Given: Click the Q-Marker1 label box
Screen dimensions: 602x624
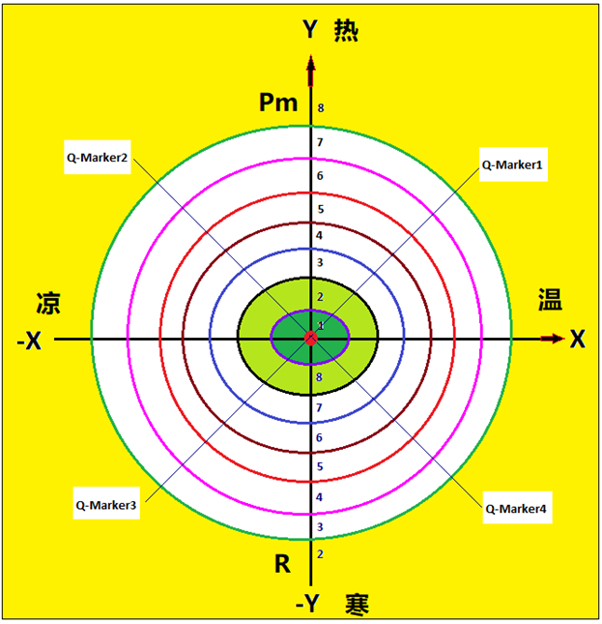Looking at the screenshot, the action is [x=513, y=164].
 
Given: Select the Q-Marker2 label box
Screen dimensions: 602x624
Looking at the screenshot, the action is [x=98, y=157].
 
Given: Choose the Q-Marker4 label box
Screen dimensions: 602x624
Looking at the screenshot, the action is [x=517, y=507].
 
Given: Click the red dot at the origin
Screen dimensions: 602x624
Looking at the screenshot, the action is [x=311, y=339].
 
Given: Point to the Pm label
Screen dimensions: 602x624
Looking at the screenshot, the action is [x=278, y=103].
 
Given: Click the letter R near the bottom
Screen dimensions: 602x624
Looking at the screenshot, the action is [x=282, y=564].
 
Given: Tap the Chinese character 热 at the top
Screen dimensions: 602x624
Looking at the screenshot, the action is [x=346, y=30].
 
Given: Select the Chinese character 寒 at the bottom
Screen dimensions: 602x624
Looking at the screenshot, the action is [x=357, y=605].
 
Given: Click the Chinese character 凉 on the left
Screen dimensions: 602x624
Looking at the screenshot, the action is [x=48, y=303].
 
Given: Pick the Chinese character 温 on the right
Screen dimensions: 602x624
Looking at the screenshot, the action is [x=551, y=299].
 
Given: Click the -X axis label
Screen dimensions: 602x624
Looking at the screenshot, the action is [x=29, y=341].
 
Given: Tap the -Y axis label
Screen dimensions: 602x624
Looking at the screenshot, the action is [x=307, y=604].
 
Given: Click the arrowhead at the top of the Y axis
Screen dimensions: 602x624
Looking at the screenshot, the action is [x=311, y=64].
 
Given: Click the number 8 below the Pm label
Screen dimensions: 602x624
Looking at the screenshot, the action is [x=321, y=107].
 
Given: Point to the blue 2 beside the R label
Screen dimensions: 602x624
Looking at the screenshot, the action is [x=320, y=554].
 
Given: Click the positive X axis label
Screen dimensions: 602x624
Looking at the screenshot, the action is [x=578, y=340].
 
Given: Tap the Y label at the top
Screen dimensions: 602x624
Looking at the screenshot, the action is [x=310, y=29].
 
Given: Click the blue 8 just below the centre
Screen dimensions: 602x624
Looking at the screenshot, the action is [x=319, y=377].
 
